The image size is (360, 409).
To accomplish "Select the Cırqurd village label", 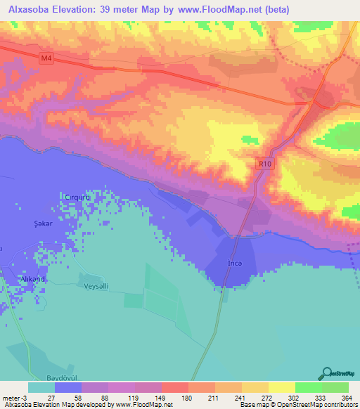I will click(x=77, y=197).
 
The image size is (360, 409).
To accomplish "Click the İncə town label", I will click(x=235, y=263).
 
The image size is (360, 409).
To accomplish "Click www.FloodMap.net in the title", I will click(x=216, y=10).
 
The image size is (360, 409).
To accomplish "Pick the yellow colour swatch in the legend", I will click(x=281, y=387).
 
